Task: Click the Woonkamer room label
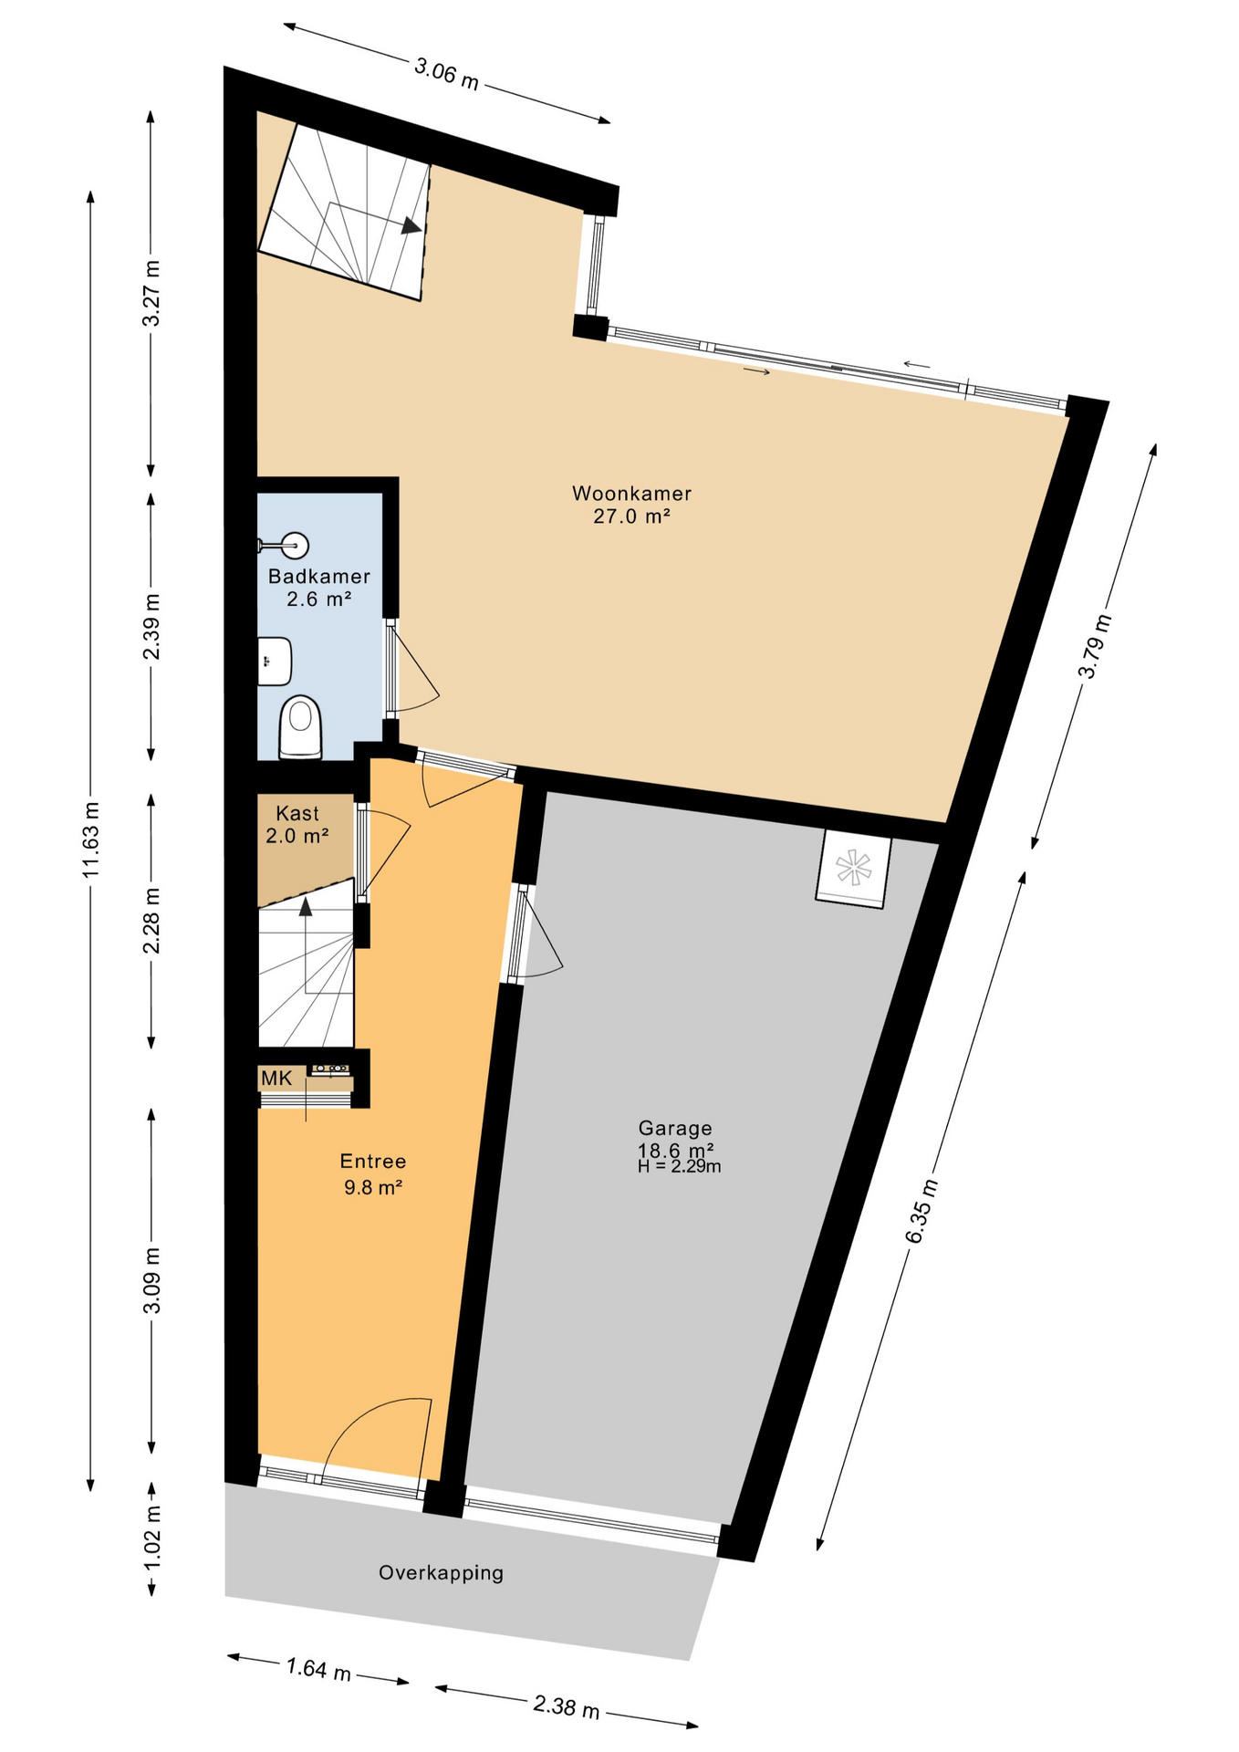[631, 494]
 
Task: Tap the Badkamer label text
[319, 577]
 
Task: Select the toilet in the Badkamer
[300, 727]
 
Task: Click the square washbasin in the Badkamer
[274, 661]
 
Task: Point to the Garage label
[675, 1128]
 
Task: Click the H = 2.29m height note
[680, 1166]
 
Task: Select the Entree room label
[372, 1162]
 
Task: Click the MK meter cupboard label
[276, 1079]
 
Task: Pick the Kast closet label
[297, 813]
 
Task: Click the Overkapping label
[441, 1572]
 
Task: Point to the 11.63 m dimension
[90, 839]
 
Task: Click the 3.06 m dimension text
[446, 73]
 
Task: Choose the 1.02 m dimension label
[151, 1538]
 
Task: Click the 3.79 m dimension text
[1095, 647]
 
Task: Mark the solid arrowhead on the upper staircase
[411, 224]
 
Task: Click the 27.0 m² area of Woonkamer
[631, 516]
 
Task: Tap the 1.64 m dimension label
[318, 1670]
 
